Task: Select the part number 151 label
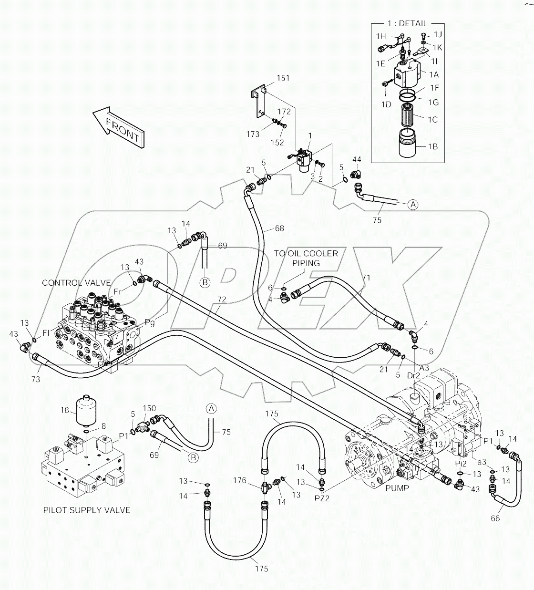tap(282, 78)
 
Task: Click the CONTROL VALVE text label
tap(76, 283)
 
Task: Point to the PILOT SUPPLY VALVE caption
tap(87, 510)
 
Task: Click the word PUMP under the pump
tap(398, 488)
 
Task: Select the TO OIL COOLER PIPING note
tap(306, 258)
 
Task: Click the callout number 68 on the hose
tap(279, 228)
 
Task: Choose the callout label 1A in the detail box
tap(433, 74)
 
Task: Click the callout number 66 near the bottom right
tap(495, 518)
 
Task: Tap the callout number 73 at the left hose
tap(35, 379)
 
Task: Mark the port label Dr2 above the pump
tap(414, 375)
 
